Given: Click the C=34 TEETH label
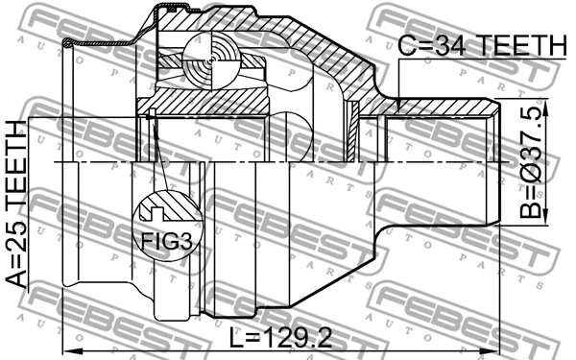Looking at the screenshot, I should coord(483,45).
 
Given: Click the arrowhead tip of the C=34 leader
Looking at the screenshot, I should coord(398,104).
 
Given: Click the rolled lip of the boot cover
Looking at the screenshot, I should coord(69,43).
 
